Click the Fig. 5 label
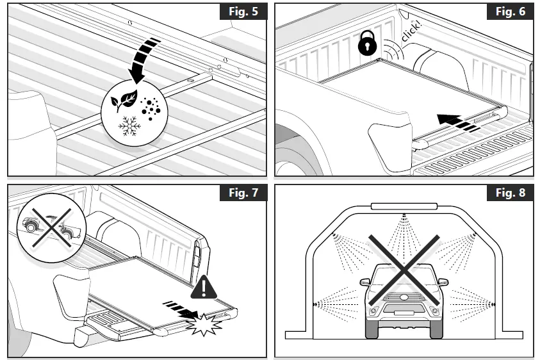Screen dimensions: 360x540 click(x=243, y=13)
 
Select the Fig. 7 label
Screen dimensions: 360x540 click(x=243, y=193)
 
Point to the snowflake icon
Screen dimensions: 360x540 click(x=130, y=127)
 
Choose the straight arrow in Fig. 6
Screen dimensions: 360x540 click(x=456, y=120)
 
